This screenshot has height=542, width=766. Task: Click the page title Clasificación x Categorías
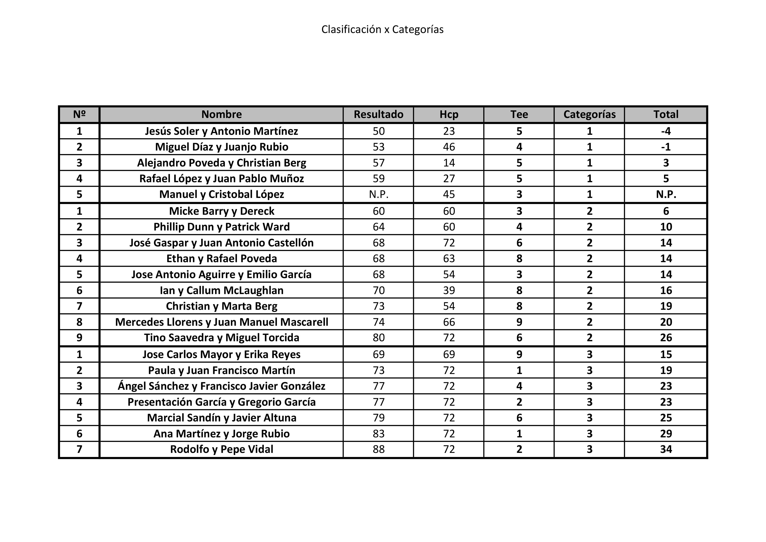pyautogui.click(x=382, y=29)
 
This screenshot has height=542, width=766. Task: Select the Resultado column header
pyautogui.click(x=378, y=114)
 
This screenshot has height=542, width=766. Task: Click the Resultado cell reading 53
pyautogui.click(x=378, y=147)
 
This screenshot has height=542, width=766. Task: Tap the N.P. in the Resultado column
pyautogui.click(x=378, y=194)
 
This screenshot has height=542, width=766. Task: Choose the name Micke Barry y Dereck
pyautogui.click(x=222, y=211)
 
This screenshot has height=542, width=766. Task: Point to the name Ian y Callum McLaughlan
pyautogui.click(x=222, y=290)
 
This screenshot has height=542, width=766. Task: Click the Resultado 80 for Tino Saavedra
pyautogui.click(x=378, y=338)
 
